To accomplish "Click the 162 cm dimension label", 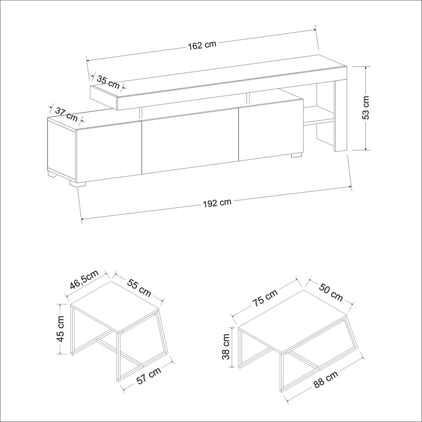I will [202, 45].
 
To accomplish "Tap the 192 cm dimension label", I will [217, 203].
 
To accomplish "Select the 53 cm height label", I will [366, 108].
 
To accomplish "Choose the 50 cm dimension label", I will [331, 293].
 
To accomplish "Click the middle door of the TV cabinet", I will [190, 141].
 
